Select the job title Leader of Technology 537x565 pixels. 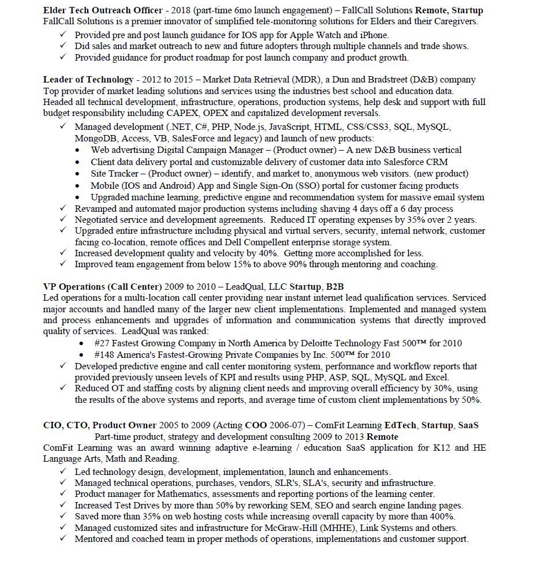click(x=88, y=80)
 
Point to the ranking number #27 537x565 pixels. click(x=103, y=343)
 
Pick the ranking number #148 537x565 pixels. click(x=105, y=355)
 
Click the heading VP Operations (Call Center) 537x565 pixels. click(x=102, y=287)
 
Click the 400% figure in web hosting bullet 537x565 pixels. click(x=442, y=517)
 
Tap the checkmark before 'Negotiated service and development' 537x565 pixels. click(x=64, y=219)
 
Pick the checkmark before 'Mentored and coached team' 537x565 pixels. click(x=64, y=539)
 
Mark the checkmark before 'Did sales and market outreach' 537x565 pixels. click(x=64, y=46)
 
